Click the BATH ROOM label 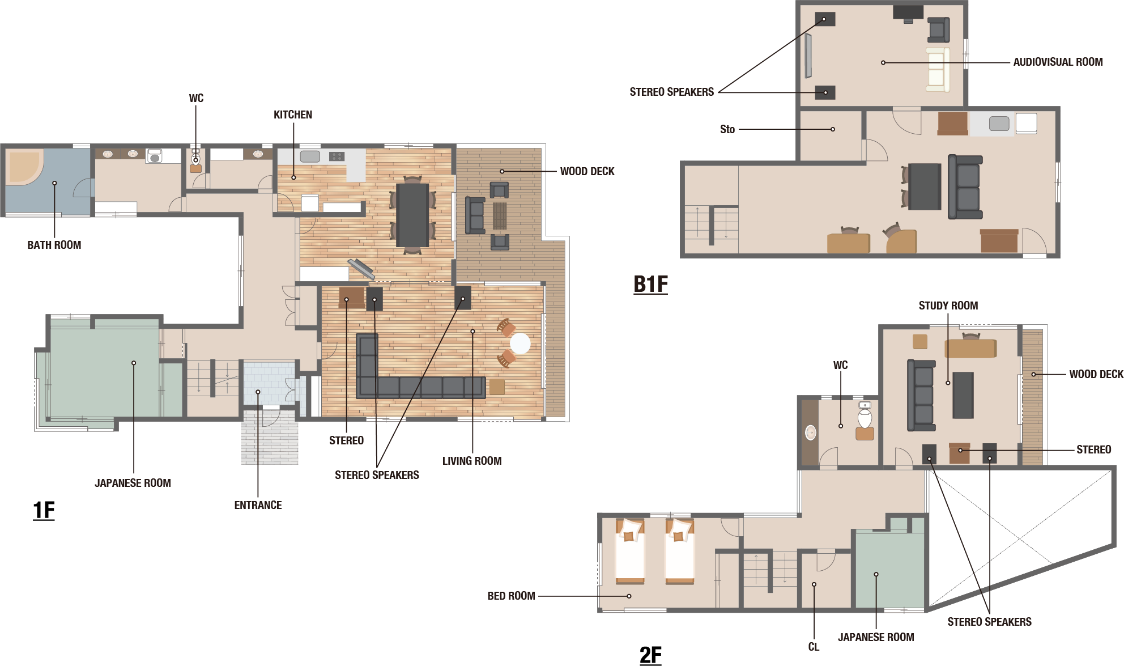point(54,245)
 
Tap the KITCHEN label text point(293,114)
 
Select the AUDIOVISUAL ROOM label point(1058,62)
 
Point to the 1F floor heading point(44,510)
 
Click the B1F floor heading point(650,284)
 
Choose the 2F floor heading point(650,655)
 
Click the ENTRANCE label point(258,505)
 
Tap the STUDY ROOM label point(948,306)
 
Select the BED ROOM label point(511,596)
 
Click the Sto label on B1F point(727,129)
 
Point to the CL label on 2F point(814,647)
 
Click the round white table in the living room point(520,343)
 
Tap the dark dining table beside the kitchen point(412,215)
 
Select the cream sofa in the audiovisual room point(938,70)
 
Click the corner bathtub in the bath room point(24,166)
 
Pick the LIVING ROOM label point(472,461)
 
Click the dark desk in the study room point(963,395)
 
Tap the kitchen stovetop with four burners point(337,156)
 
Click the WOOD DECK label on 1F point(587,171)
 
